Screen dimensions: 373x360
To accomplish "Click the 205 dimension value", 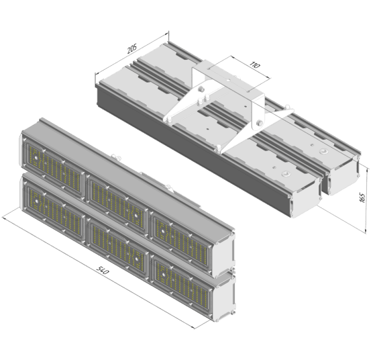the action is pos(132,48).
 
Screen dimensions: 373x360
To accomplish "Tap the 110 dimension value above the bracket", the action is pos(255,64).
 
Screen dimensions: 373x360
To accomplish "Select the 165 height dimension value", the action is pos(362,197).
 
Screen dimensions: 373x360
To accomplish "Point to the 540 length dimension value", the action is pos(103,270).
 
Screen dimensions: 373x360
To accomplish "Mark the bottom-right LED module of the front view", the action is pos(181,283).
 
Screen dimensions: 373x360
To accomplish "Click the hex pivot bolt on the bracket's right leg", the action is pos(260,123).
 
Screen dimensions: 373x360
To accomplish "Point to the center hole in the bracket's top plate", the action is pos(228,80).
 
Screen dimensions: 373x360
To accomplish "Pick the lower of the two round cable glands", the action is pos(286,173).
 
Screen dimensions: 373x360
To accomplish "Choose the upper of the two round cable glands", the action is pos(323,151).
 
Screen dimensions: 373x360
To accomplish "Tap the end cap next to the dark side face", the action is pos(306,197).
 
